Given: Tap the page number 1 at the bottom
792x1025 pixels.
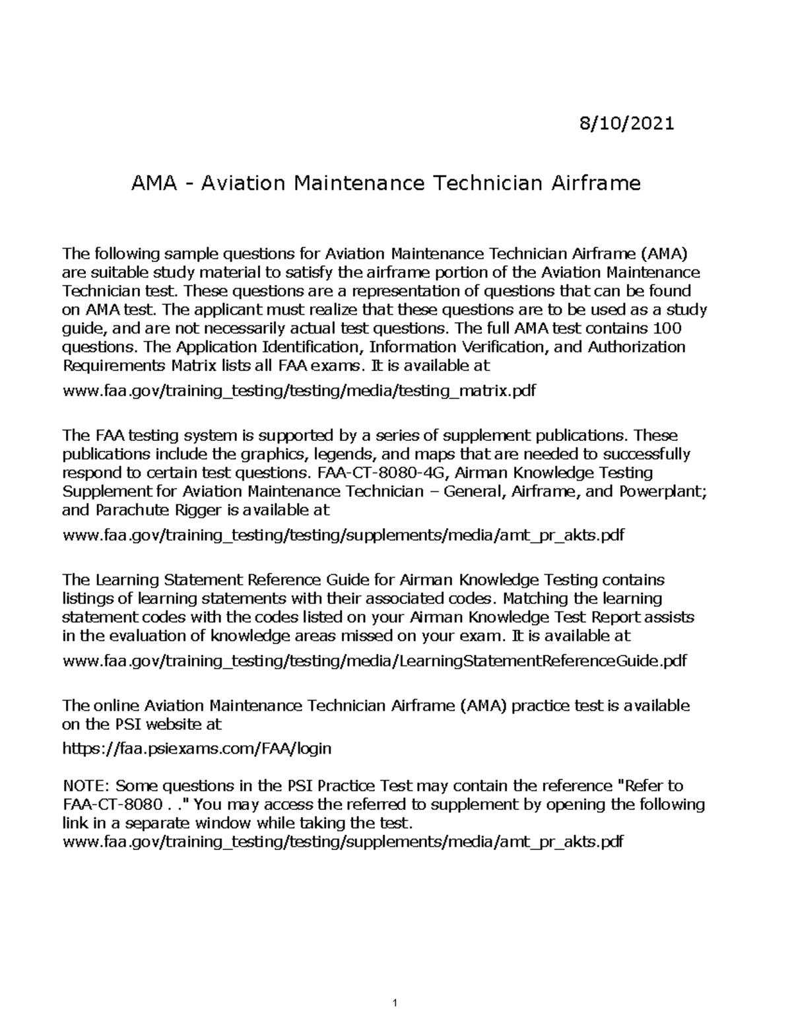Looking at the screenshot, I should click(395, 1004).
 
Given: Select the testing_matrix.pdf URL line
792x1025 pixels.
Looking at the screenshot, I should click(298, 391).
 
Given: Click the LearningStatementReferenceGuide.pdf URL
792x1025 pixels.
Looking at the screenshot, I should click(374, 661).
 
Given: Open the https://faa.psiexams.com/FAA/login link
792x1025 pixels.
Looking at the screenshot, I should click(197, 749).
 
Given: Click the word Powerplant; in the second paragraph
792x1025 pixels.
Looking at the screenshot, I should click(663, 491).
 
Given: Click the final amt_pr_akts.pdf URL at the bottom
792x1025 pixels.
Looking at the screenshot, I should click(342, 842).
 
